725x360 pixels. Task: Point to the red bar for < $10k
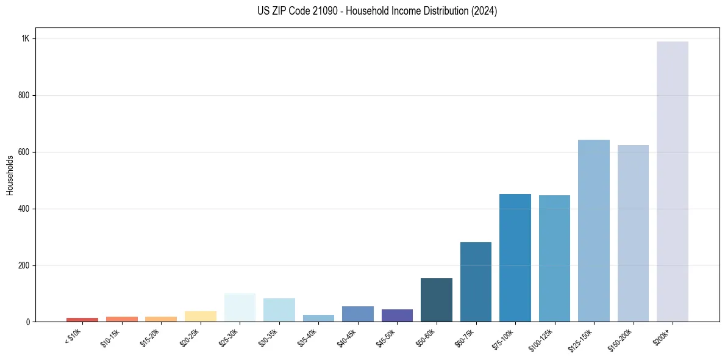pos(82,319)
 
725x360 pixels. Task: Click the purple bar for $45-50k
pos(397,315)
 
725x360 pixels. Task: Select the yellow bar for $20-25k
pos(201,316)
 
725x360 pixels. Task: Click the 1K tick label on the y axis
pos(25,38)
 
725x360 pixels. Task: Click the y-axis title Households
pos(10,175)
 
